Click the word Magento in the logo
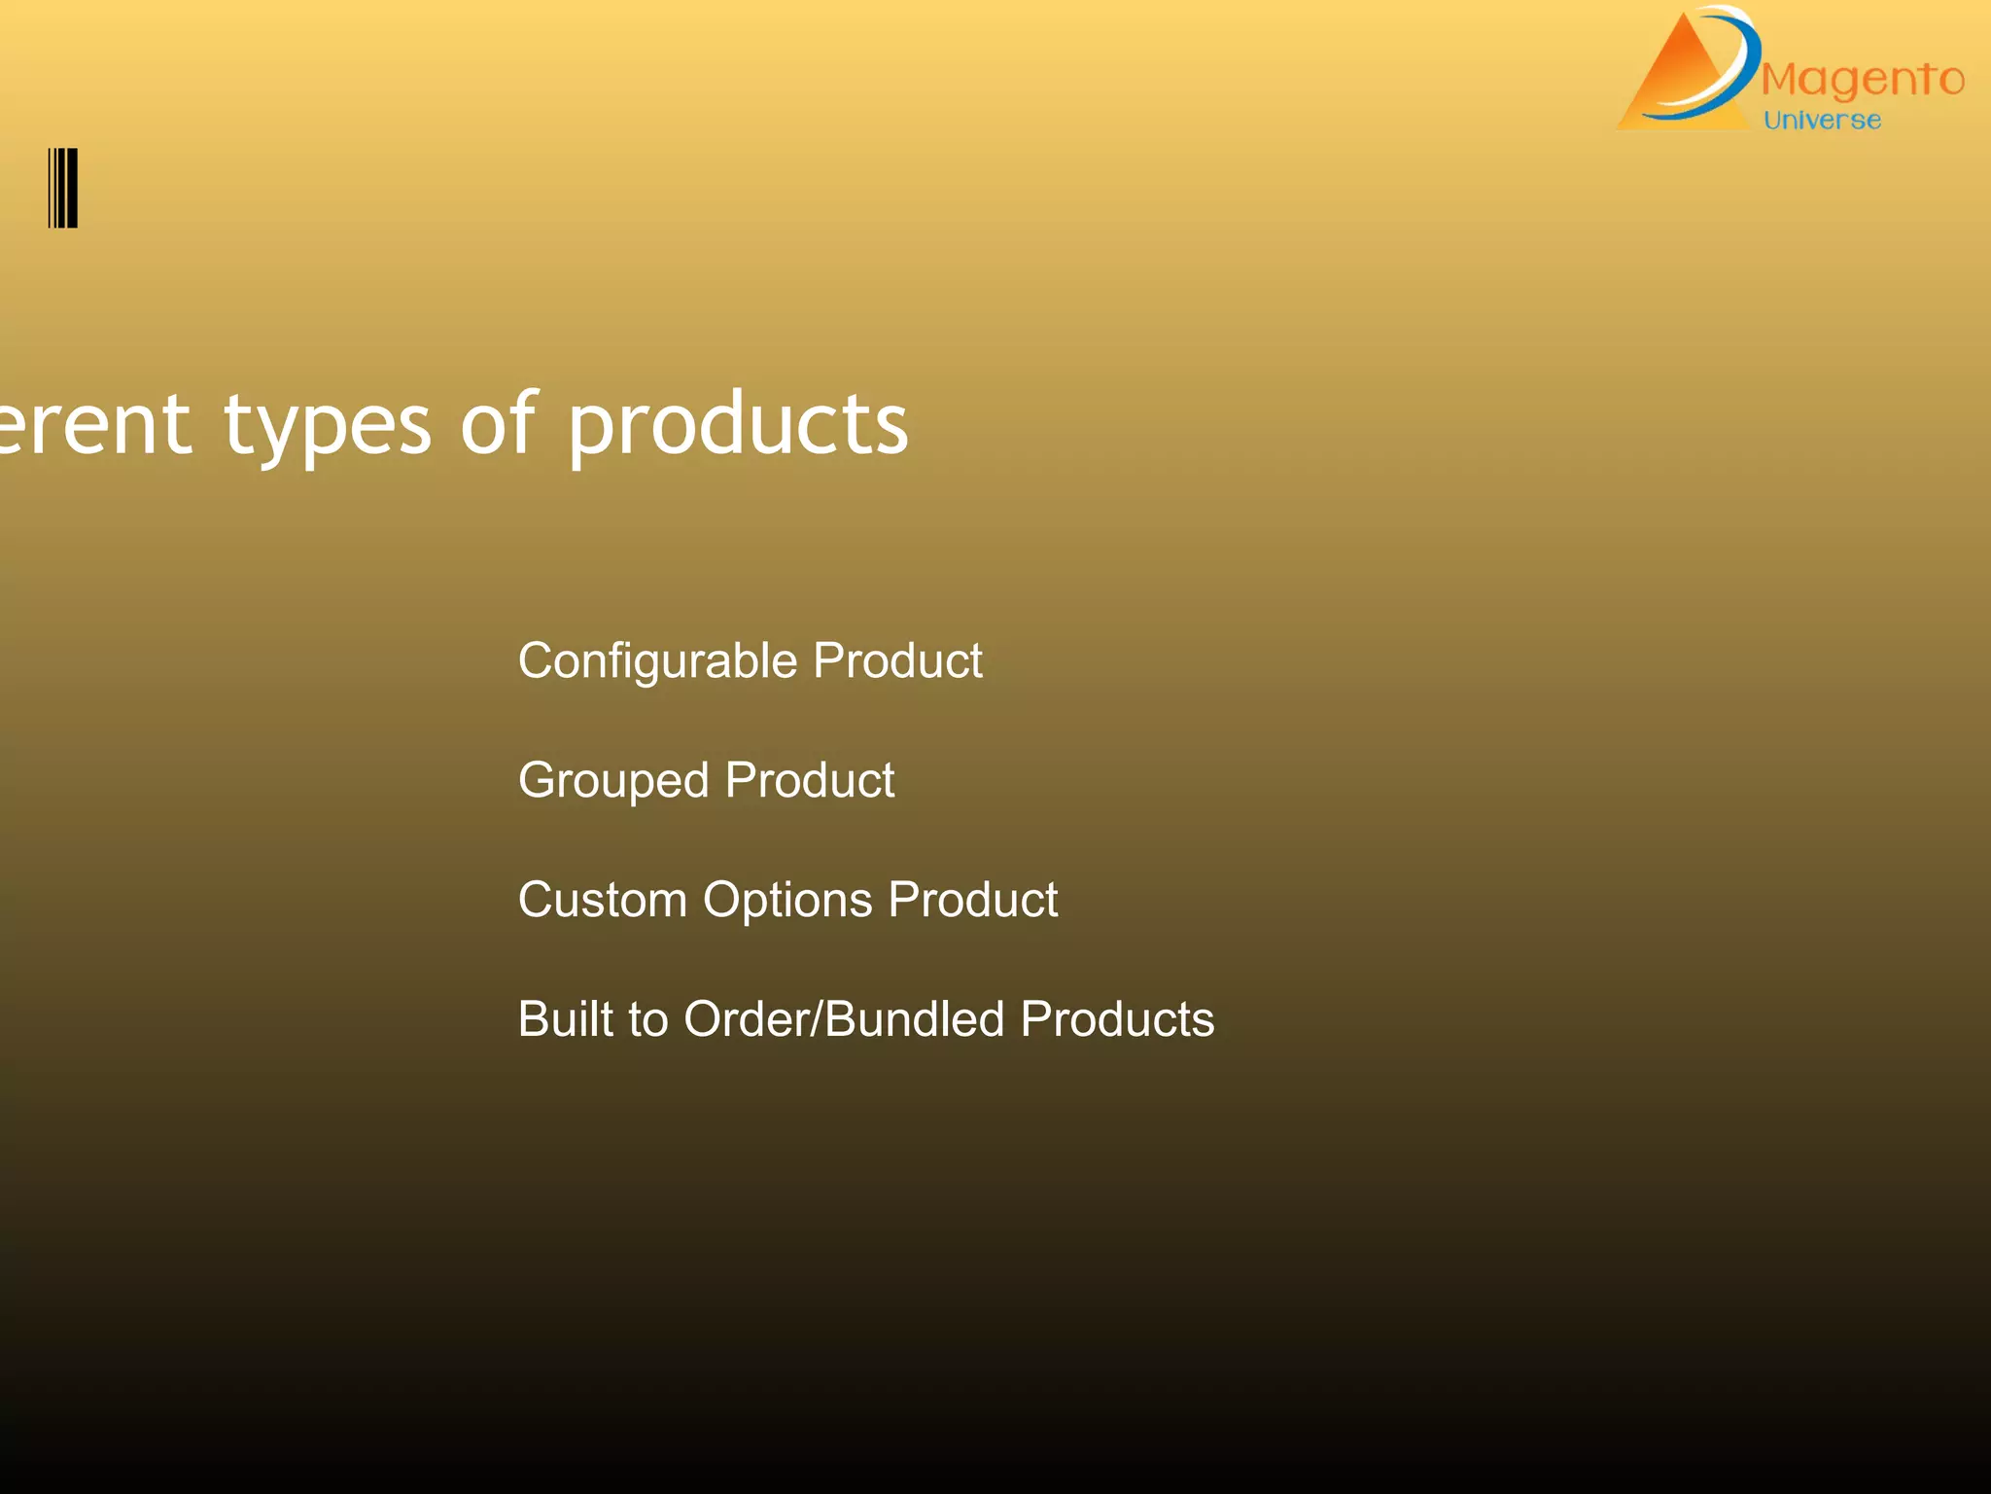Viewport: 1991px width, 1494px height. pyautogui.click(x=1862, y=80)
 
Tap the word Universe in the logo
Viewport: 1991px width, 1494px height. pyautogui.click(x=1822, y=121)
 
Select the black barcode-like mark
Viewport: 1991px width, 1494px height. pyautogui.click(x=63, y=188)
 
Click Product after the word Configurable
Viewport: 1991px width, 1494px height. pyautogui.click(x=897, y=660)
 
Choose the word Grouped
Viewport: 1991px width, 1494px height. pyautogui.click(x=613, y=781)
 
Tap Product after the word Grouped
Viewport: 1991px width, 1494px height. pyautogui.click(x=809, y=780)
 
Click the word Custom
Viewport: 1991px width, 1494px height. pyautogui.click(x=603, y=900)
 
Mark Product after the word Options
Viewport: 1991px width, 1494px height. pyautogui.click(x=972, y=900)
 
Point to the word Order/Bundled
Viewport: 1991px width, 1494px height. pyautogui.click(x=844, y=1019)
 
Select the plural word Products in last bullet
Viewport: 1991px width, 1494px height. pyautogui.click(x=1117, y=1019)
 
